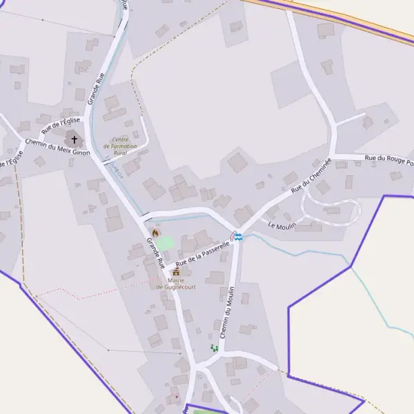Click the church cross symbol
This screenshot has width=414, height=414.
[x=75, y=139]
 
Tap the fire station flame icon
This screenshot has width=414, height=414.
[x=155, y=233]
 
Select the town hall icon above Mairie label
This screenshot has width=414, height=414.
[x=175, y=272]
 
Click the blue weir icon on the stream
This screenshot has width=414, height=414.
[x=238, y=237]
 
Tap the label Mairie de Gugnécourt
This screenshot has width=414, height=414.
[x=175, y=284]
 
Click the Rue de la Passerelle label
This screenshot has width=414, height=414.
[x=202, y=254]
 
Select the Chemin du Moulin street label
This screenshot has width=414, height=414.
[x=226, y=313]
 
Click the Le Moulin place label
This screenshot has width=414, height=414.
[x=281, y=226]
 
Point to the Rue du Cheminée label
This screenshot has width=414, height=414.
[x=311, y=175]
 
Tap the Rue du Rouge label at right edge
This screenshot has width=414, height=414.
[x=389, y=161]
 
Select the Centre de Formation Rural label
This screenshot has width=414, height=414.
[x=120, y=146]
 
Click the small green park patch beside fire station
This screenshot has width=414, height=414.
[x=167, y=243]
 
